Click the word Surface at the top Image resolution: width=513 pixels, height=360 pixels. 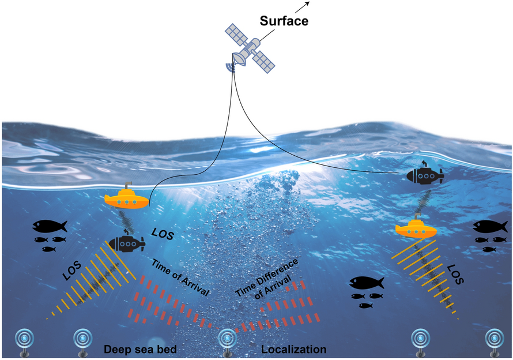284,22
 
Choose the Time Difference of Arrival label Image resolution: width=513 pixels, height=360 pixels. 267,278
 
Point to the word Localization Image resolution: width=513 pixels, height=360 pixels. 294,349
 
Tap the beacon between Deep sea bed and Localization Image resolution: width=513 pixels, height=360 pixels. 227,340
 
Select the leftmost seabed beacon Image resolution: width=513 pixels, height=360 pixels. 24,340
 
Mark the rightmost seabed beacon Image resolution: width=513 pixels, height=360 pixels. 493,340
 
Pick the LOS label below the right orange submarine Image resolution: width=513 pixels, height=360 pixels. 455,276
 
